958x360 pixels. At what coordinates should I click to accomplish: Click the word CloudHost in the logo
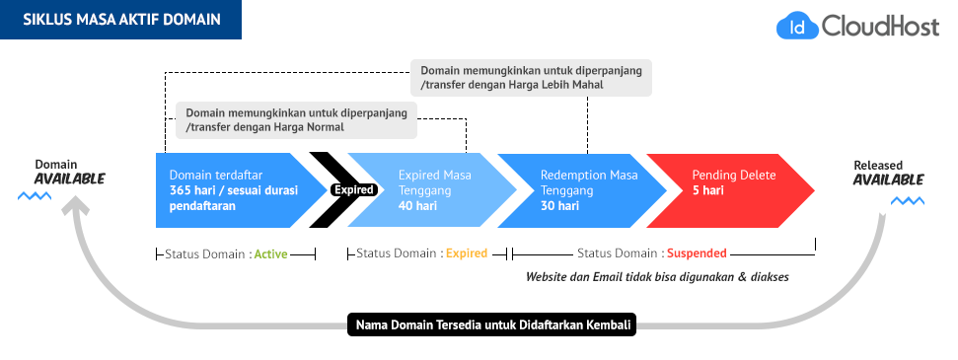tap(876, 27)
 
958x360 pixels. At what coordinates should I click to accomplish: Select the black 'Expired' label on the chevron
tap(352, 189)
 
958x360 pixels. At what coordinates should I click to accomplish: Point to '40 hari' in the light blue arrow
tap(417, 206)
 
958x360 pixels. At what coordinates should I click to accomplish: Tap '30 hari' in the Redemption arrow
tap(559, 206)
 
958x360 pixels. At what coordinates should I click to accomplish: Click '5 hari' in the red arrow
tap(707, 190)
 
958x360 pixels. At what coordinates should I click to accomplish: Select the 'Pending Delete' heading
tap(734, 175)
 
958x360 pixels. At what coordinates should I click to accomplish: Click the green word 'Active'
tap(270, 253)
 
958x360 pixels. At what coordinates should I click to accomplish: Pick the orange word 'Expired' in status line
tap(467, 253)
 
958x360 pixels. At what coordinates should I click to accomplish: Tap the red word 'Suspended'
tap(696, 253)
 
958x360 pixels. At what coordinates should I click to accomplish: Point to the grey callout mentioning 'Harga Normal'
tap(296, 119)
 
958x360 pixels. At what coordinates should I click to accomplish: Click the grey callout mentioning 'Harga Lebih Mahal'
tap(532, 78)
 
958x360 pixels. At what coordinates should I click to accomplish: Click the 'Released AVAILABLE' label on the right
tap(888, 173)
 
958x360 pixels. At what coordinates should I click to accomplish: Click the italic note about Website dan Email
tap(657, 277)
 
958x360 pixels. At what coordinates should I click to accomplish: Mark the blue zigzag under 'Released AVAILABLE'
tap(909, 200)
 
